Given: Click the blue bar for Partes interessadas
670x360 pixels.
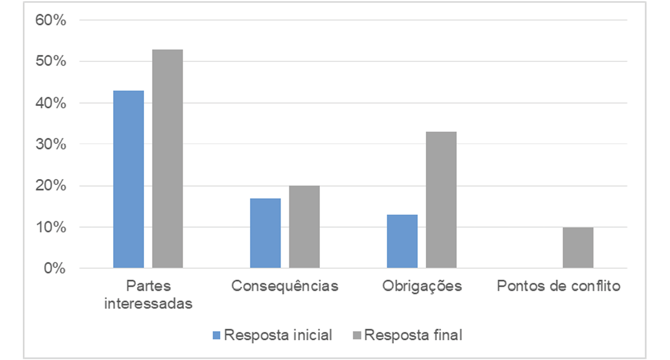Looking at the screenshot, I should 128,180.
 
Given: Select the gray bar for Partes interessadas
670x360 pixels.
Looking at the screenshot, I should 167,159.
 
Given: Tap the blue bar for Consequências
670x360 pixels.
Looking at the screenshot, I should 265,234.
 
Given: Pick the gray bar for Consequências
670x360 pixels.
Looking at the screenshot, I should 305,227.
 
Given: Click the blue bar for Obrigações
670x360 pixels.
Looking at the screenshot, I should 402,242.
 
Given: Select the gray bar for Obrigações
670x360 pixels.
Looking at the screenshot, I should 441,200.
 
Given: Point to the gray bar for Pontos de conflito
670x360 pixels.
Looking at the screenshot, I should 578,248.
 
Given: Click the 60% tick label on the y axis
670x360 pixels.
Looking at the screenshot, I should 52,20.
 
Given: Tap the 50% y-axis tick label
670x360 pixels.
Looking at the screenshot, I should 52,61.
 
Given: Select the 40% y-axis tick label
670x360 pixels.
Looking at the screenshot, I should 52,103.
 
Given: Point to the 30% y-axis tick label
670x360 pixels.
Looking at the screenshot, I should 52,145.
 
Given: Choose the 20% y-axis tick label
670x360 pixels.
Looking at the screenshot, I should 52,186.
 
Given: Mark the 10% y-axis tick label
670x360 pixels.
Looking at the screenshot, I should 52,227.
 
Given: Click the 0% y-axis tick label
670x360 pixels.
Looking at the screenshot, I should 55,269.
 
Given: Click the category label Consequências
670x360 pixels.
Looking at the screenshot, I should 285,286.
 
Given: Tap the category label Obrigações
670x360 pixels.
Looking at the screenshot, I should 422,286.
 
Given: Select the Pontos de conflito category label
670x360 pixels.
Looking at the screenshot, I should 558,286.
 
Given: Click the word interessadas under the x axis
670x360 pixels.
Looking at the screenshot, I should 148,304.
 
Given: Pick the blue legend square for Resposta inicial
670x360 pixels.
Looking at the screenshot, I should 217,335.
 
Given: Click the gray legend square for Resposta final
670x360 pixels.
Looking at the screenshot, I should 357,335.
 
